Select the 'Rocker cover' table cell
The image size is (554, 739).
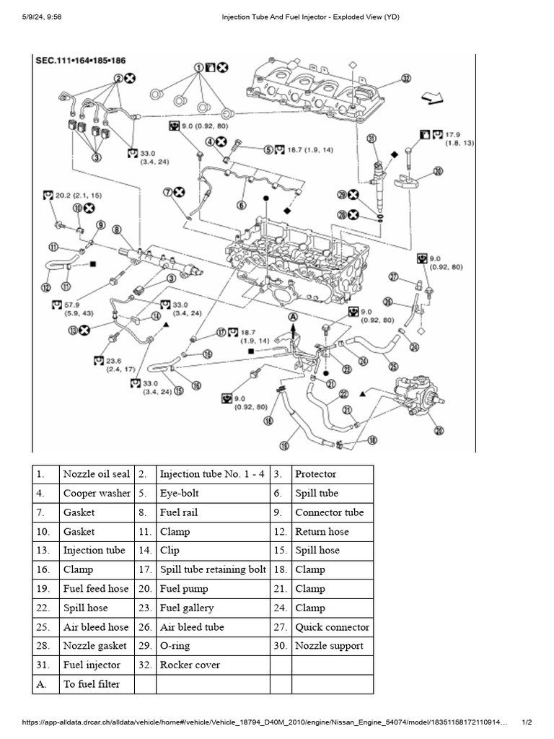[x=190, y=665]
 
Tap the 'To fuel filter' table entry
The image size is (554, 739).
[x=92, y=683]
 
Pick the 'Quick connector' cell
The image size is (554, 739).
[x=332, y=627]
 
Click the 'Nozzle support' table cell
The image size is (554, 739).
[x=329, y=646]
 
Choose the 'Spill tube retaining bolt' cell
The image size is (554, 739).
[x=213, y=569]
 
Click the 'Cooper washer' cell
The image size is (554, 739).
[x=97, y=494]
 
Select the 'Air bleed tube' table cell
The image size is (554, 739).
[x=192, y=627]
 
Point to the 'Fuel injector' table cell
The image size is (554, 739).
[x=92, y=665]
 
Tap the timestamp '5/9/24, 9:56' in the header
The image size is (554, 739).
[x=40, y=17]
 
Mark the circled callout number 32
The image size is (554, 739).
[x=406, y=78]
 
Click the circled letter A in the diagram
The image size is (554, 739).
[x=294, y=316]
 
